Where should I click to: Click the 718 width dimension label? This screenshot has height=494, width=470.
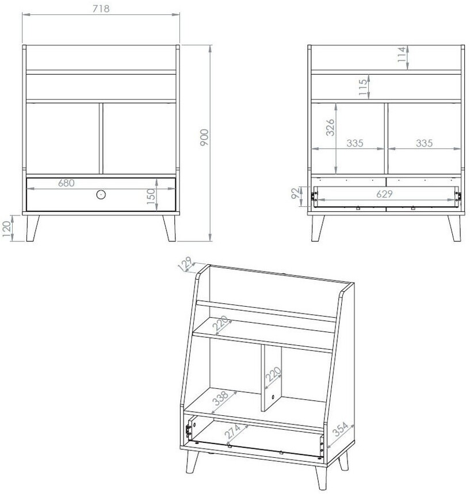pyautogui.click(x=101, y=9)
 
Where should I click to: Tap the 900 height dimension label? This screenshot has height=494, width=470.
pyautogui.click(x=204, y=137)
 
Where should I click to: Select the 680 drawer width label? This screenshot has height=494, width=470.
pyautogui.click(x=66, y=183)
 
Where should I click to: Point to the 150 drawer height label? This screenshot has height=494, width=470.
pyautogui.click(x=151, y=196)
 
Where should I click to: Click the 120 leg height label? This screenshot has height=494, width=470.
pyautogui.click(x=6, y=229)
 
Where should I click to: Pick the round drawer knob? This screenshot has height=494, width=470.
pyautogui.click(x=101, y=195)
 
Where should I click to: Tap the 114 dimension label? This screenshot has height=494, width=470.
pyautogui.click(x=401, y=54)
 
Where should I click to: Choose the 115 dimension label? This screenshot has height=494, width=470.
pyautogui.click(x=363, y=87)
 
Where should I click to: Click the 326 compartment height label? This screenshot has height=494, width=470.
pyautogui.click(x=330, y=128)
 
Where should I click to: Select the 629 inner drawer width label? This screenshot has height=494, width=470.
pyautogui.click(x=384, y=194)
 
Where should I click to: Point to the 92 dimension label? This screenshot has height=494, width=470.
pyautogui.click(x=295, y=193)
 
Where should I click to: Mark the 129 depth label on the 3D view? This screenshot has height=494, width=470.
pyautogui.click(x=185, y=264)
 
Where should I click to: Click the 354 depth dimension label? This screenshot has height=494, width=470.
pyautogui.click(x=340, y=429)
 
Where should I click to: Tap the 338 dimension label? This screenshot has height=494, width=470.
pyautogui.click(x=220, y=398)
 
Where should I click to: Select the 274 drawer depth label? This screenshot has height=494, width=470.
pyautogui.click(x=232, y=431)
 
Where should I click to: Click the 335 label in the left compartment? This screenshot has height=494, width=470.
pyautogui.click(x=355, y=143)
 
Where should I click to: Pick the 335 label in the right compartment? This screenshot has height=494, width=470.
pyautogui.click(x=424, y=143)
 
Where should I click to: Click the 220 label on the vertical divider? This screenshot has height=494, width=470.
pyautogui.click(x=273, y=374)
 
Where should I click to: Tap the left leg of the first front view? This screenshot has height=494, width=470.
pyautogui.click(x=32, y=229)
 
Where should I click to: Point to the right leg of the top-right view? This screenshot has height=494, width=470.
pyautogui.click(x=455, y=229)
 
